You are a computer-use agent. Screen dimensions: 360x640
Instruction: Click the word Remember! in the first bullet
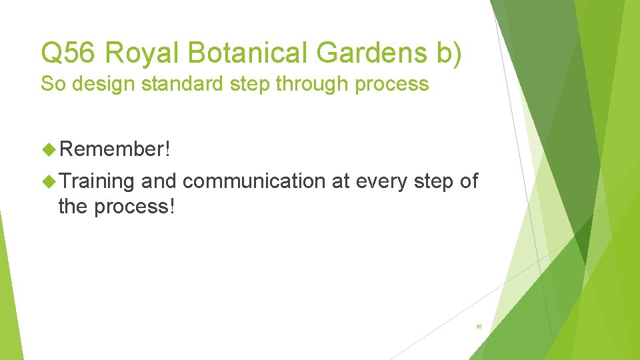(x=115, y=149)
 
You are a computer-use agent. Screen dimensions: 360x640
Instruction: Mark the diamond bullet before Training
(x=49, y=181)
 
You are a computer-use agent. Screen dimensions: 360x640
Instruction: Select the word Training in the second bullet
(x=97, y=181)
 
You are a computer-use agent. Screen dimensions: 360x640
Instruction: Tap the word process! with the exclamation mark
(x=134, y=207)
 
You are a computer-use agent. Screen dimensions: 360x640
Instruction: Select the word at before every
(x=340, y=181)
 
